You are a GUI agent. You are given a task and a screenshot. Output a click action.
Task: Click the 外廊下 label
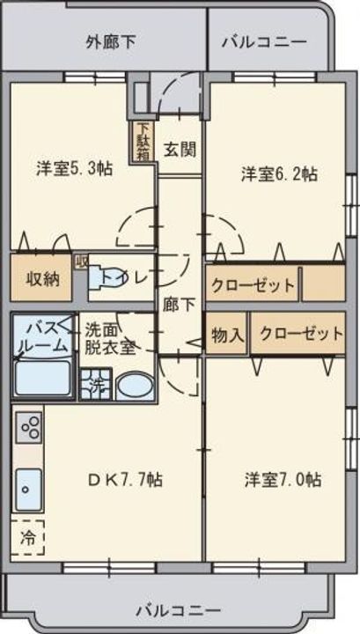point(111,42)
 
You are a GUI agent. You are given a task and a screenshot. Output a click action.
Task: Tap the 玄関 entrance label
point(180,150)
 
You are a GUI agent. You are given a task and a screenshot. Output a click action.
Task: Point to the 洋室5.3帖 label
point(74,168)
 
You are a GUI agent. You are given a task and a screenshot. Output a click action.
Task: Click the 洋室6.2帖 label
point(279,173)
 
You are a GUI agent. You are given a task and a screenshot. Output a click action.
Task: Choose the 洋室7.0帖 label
point(283,480)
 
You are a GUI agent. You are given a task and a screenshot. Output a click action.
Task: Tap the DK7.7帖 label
point(125,480)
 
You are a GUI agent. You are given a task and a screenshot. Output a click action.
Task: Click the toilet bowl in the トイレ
point(105,277)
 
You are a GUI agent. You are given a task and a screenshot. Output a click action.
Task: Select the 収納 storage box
point(41,277)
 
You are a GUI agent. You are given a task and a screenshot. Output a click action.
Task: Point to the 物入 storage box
point(227,335)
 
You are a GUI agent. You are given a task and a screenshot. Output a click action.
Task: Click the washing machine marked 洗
point(95,384)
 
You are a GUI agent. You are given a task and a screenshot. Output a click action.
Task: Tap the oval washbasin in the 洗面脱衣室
point(136,387)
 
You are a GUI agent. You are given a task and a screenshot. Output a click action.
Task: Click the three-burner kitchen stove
point(28,428)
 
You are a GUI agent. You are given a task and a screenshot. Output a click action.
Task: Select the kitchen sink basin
point(28,490)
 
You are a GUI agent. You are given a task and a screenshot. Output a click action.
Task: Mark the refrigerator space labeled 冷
point(27,538)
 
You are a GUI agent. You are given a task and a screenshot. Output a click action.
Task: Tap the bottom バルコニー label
point(178,610)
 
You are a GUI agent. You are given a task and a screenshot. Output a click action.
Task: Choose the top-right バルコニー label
point(264,42)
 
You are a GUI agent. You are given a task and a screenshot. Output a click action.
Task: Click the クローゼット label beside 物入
point(301,334)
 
